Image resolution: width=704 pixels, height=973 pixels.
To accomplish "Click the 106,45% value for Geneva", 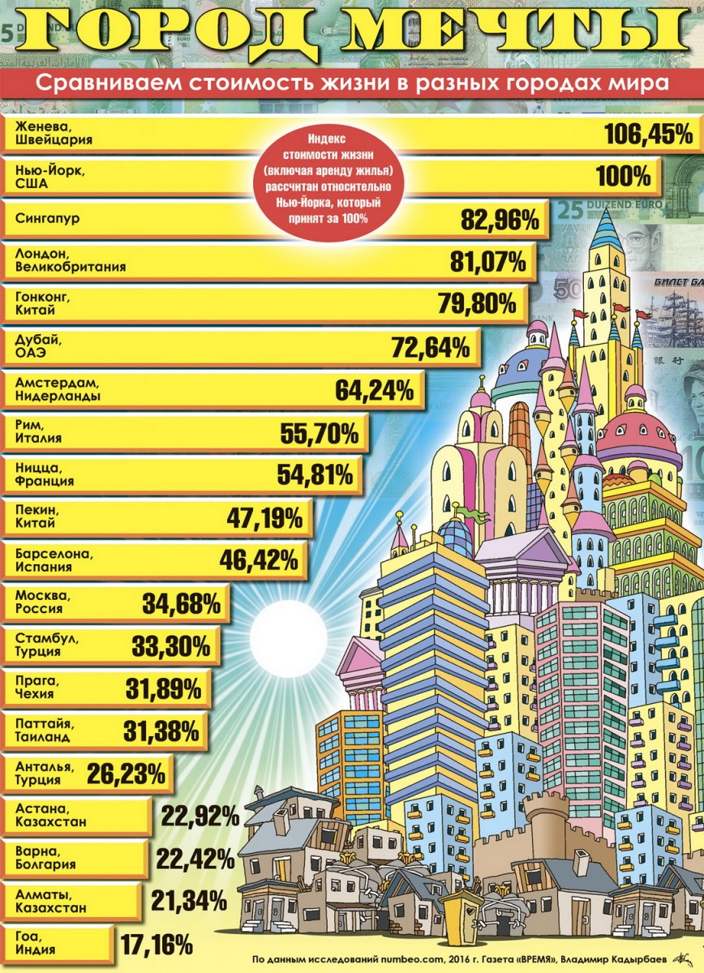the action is pyautogui.click(x=649, y=135).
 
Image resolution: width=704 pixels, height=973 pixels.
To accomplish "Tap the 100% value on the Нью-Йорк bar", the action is pyautogui.click(x=624, y=177).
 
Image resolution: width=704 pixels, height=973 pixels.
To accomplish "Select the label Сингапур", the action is pyautogui.click(x=48, y=218).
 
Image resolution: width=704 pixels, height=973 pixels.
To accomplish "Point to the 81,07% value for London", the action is pyautogui.click(x=487, y=263).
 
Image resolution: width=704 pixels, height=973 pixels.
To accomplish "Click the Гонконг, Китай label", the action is pyautogui.click(x=43, y=303).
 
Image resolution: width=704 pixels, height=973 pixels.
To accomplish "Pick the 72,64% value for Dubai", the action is pyautogui.click(x=431, y=348).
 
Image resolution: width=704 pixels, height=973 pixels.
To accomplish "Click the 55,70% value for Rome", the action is pyautogui.click(x=320, y=433).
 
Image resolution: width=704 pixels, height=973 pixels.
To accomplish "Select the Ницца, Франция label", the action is pyautogui.click(x=45, y=474).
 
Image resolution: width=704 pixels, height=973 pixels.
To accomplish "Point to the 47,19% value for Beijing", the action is pyautogui.click(x=264, y=518).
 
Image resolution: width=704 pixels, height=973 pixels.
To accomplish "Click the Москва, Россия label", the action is pyautogui.click(x=39, y=602).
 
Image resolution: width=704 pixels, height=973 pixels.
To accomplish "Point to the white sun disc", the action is pyautogui.click(x=288, y=641).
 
